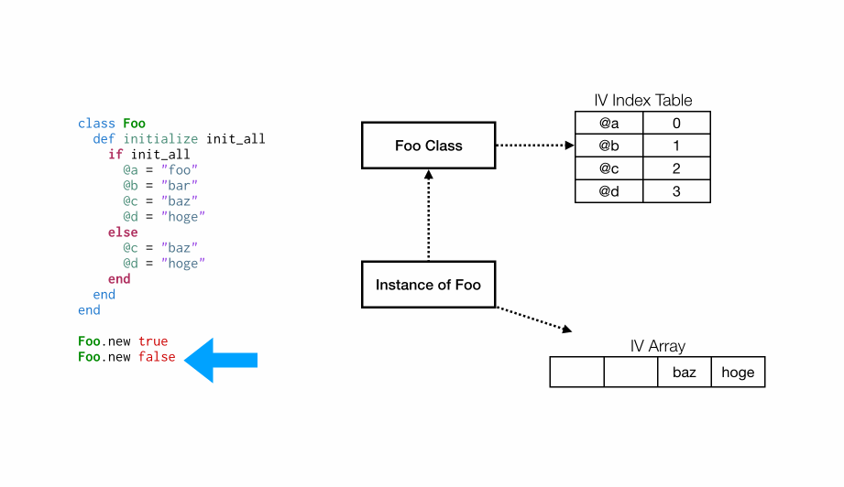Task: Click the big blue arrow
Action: click(221, 360)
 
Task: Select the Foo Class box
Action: click(428, 146)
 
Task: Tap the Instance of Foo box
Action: click(428, 285)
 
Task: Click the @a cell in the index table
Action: click(608, 124)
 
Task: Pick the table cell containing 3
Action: click(676, 191)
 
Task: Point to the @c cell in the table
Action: click(608, 168)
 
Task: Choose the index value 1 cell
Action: click(676, 146)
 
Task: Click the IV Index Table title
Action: click(642, 101)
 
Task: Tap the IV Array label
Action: click(657, 347)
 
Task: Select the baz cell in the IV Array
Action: click(684, 373)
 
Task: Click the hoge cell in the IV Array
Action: click(738, 373)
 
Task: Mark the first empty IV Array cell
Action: click(576, 373)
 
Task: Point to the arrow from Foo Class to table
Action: click(534, 146)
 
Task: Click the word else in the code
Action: click(123, 233)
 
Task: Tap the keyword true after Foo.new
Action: click(153, 341)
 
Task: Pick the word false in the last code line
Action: click(157, 357)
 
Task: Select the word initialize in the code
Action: click(160, 139)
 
